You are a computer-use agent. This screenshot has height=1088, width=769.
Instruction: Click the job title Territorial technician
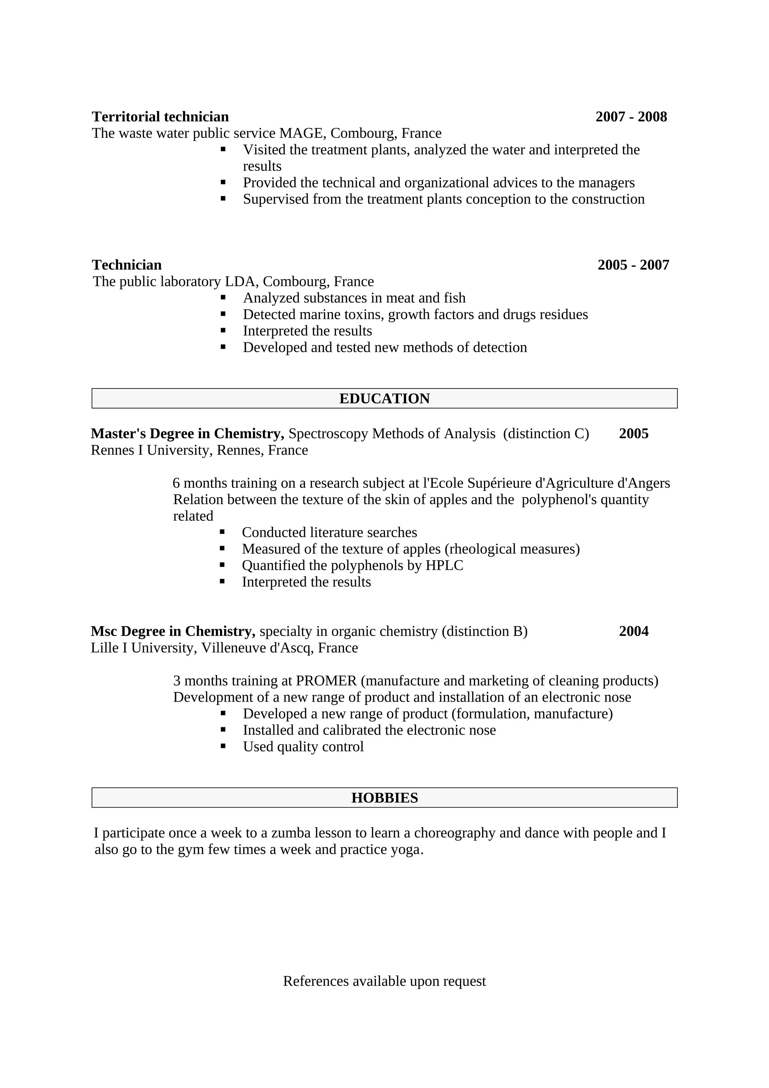tap(160, 116)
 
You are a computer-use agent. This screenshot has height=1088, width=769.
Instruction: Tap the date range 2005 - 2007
tap(633, 265)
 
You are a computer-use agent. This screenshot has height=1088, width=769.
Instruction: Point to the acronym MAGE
tap(302, 133)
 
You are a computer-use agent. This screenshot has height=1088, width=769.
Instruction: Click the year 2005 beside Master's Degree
tap(633, 434)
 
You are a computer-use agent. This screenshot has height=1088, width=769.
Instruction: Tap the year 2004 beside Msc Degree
tap(633, 631)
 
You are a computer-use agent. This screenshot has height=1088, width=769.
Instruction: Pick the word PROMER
tap(326, 681)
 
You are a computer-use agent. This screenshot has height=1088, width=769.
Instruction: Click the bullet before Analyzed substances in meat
tap(223, 298)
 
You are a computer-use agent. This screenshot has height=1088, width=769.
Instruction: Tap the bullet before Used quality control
tap(223, 746)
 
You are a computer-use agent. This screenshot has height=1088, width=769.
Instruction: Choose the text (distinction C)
tap(546, 434)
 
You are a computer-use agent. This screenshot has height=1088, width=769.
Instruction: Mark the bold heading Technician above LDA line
tap(127, 265)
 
